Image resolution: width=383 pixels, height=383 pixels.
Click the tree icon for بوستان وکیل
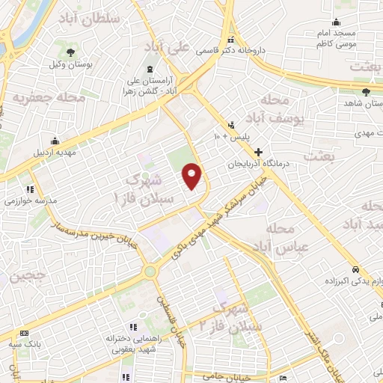[70, 53]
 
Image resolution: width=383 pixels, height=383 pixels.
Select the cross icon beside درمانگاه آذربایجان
[258, 152]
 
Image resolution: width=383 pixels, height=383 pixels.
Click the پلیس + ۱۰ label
[226, 137]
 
